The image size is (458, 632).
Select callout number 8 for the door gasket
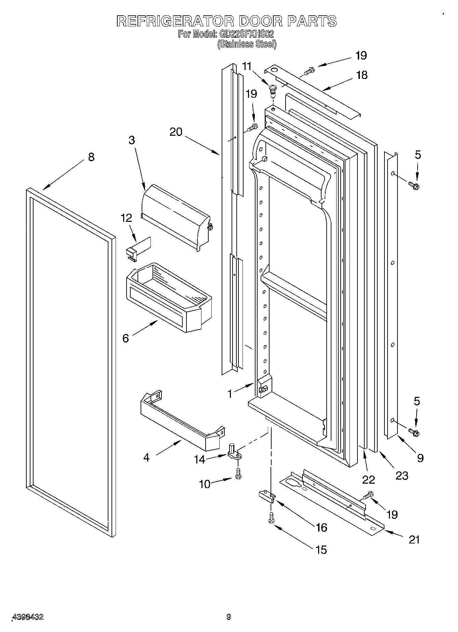click(x=91, y=157)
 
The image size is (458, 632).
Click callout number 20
click(x=176, y=132)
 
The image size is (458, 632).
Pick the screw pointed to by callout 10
click(x=238, y=473)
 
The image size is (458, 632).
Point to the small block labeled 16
click(x=266, y=496)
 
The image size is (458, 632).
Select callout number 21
click(x=414, y=539)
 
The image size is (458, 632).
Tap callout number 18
click(x=362, y=75)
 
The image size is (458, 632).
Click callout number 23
click(x=402, y=475)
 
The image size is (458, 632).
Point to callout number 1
click(x=230, y=394)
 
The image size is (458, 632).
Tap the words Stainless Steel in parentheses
click(x=247, y=44)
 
